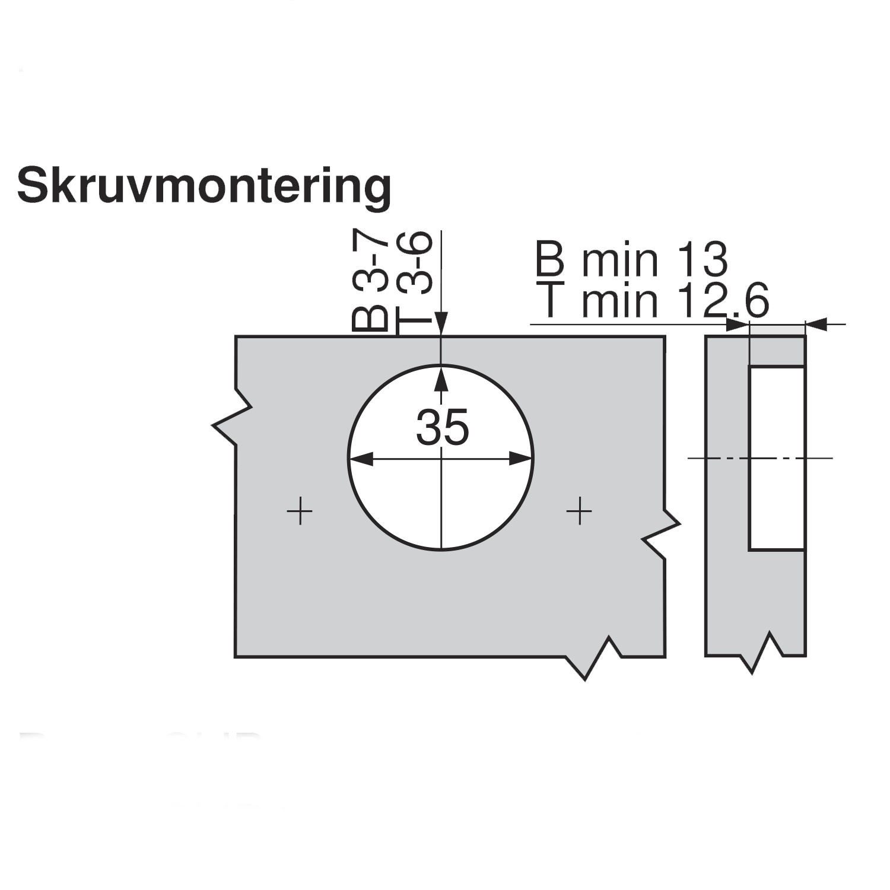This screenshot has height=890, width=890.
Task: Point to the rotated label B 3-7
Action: tap(370, 281)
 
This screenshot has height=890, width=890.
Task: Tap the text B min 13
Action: tap(631, 259)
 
